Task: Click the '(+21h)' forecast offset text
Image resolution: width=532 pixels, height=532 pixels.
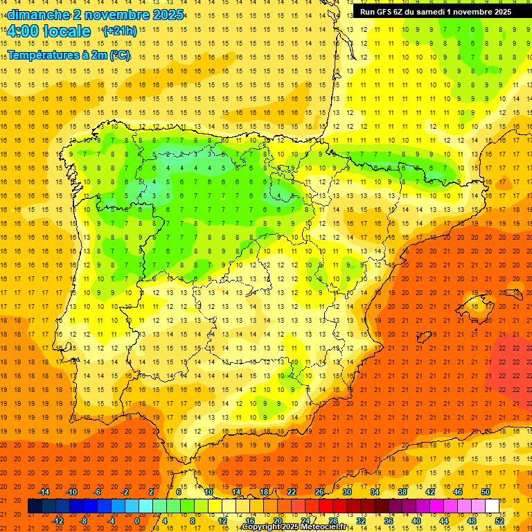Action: click(119, 31)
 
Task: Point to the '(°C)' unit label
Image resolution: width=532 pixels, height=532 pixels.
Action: click(118, 55)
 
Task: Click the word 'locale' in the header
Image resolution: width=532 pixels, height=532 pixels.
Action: click(66, 31)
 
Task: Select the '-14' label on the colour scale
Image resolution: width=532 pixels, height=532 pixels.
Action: click(44, 492)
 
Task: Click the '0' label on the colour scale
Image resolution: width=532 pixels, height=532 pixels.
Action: click(137, 520)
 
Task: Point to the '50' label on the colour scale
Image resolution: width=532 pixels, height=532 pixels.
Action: click(485, 492)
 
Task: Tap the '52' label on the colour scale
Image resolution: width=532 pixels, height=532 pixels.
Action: click(499, 520)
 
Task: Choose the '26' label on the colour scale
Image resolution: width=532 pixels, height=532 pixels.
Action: click(319, 492)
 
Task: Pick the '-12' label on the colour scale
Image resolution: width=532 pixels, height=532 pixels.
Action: click(58, 520)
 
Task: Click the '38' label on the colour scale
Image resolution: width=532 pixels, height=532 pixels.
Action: click(402, 492)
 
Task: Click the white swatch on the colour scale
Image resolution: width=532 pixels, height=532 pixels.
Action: click(492, 506)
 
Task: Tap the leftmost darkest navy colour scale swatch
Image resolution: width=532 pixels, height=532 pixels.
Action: click(35, 506)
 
